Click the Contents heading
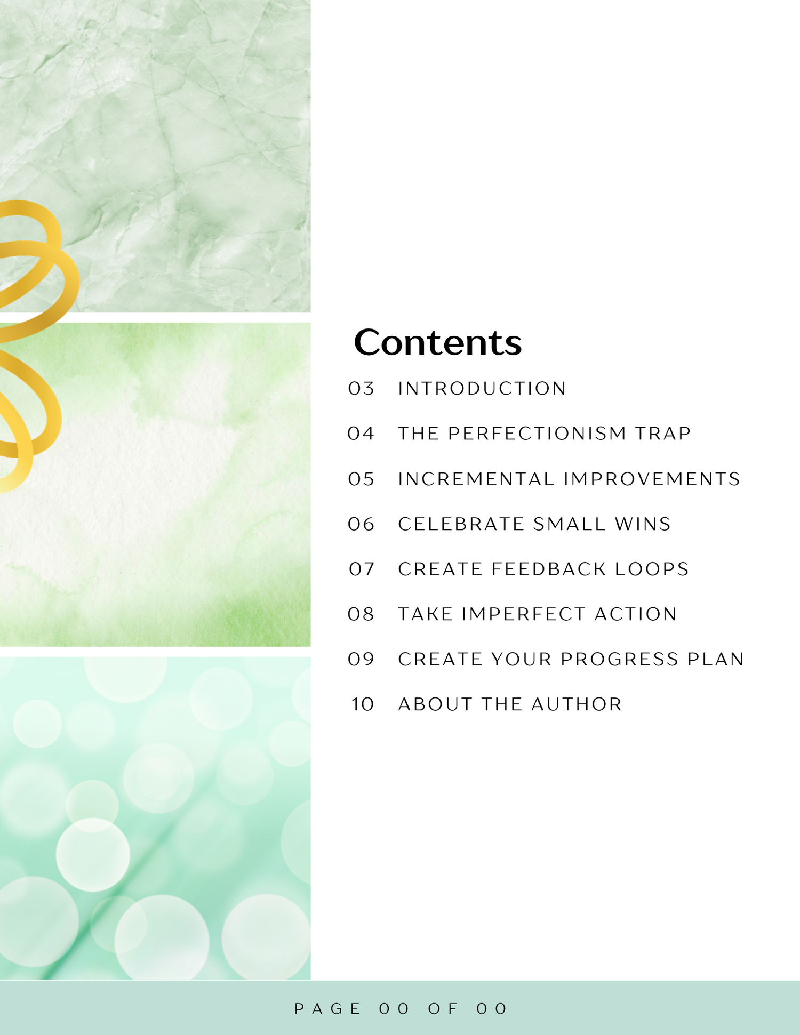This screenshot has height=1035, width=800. point(438,342)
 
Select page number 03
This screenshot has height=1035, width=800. point(361,388)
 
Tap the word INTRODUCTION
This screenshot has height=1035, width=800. point(482,388)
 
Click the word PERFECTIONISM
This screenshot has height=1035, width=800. point(537,434)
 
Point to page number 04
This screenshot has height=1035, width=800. point(361,434)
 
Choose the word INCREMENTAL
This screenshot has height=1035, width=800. point(476,479)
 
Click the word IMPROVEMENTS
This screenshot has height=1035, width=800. point(652,479)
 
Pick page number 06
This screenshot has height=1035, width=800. point(361,524)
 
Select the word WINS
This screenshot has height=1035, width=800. point(643,524)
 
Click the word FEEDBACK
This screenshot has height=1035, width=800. point(549,569)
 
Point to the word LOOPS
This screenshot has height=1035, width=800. point(652,569)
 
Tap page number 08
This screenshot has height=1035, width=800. point(361,614)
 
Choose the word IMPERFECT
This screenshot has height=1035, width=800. point(524,614)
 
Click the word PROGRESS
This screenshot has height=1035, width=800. point(619,660)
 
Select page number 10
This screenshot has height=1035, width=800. point(363,704)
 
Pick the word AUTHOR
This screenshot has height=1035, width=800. point(577,704)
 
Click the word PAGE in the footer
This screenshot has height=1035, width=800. point(327,1009)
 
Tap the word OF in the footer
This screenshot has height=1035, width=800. point(443,1009)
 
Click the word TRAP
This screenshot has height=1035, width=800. point(663,434)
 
